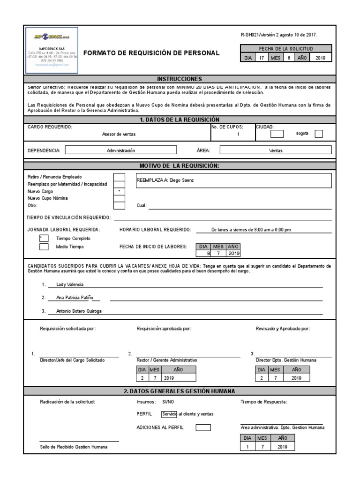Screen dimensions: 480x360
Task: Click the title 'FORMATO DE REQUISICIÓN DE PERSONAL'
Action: [x=151, y=53]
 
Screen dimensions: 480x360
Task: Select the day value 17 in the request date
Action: [x=262, y=58]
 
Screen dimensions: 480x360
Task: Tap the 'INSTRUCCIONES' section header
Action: [x=180, y=79]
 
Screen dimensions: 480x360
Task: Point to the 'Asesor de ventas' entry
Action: [x=119, y=134]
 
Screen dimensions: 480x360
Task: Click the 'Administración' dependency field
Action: [x=120, y=150]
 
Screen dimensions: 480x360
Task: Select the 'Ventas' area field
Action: [x=275, y=150]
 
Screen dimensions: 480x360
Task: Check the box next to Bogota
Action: [x=319, y=134]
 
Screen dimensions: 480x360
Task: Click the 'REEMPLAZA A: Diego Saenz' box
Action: [x=233, y=180]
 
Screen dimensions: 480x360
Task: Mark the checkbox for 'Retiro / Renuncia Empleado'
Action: [x=120, y=177]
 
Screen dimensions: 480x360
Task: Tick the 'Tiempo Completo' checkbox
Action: [x=45, y=239]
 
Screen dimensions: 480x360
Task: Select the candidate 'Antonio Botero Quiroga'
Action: [x=78, y=311]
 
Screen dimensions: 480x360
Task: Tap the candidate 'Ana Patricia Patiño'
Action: [x=75, y=298]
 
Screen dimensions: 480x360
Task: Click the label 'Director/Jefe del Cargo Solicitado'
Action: [x=72, y=360]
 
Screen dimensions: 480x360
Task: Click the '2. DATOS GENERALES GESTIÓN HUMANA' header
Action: [x=180, y=391]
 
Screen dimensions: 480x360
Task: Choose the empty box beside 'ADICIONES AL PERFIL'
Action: [x=203, y=427]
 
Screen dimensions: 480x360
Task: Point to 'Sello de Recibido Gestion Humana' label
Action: [x=74, y=447]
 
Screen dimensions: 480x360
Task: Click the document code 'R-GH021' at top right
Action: [x=249, y=35]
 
